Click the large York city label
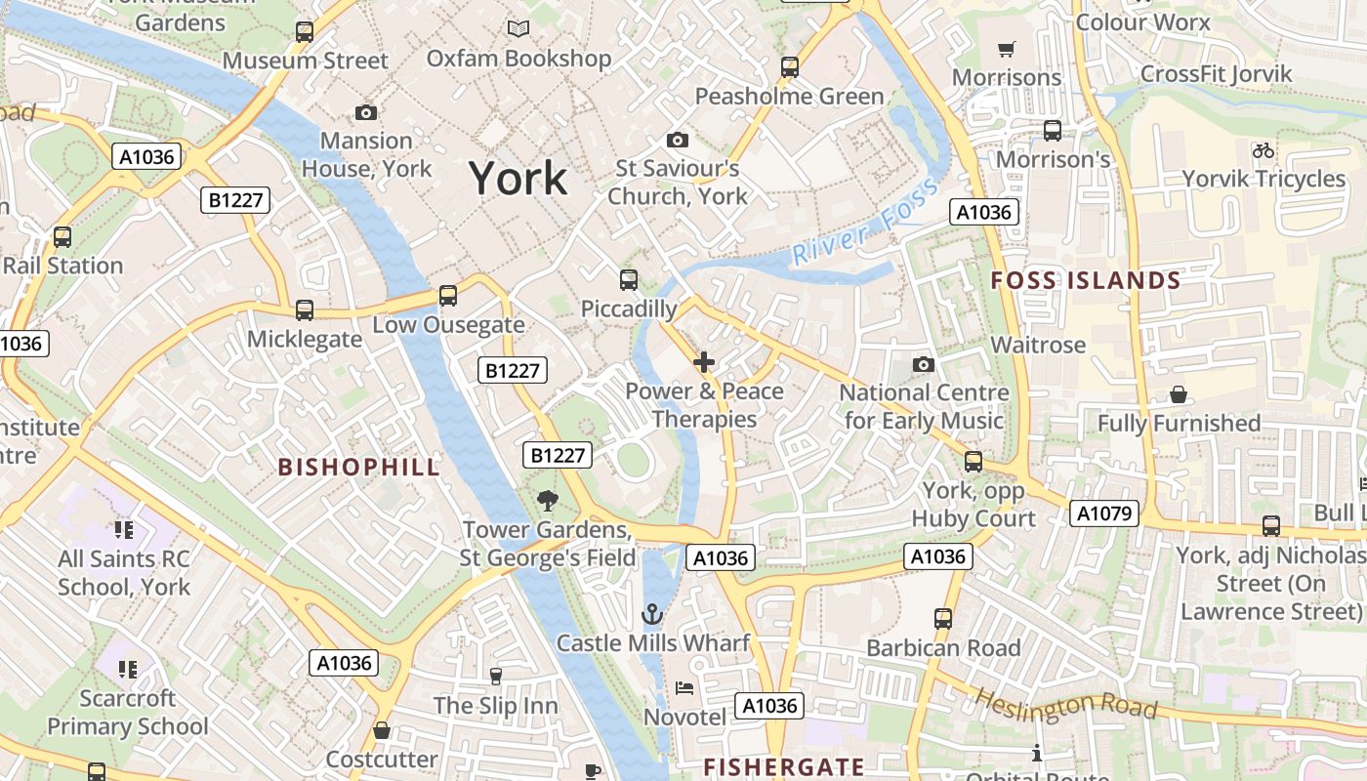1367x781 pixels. click(x=518, y=179)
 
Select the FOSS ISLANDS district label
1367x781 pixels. click(x=1086, y=281)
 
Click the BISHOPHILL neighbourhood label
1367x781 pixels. click(x=359, y=467)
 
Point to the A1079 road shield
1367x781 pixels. click(x=1104, y=514)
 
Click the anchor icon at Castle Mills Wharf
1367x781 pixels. click(x=651, y=614)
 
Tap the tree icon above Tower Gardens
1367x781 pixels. click(x=548, y=501)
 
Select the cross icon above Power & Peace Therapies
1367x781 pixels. click(x=703, y=363)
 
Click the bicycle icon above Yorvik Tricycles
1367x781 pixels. click(x=1263, y=150)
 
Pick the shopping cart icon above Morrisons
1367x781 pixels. click(x=1006, y=49)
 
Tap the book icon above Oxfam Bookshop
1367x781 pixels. click(x=518, y=29)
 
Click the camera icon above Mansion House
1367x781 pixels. click(x=366, y=113)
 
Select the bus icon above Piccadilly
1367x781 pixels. click(x=629, y=280)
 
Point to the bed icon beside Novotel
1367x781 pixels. click(x=684, y=687)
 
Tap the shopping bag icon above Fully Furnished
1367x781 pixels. click(x=1179, y=394)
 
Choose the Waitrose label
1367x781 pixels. click(x=1038, y=345)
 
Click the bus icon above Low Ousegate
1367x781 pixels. click(x=448, y=295)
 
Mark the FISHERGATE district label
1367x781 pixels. click(x=784, y=767)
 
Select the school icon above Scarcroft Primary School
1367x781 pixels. click(x=127, y=670)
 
